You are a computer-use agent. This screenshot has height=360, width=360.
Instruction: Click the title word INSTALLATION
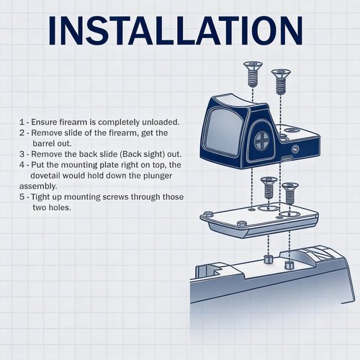point(176,30)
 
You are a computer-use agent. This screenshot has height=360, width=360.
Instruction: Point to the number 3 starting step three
point(22,154)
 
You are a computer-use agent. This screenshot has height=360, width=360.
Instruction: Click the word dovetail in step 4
point(45,176)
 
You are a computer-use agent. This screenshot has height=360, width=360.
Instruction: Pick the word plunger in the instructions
point(158,176)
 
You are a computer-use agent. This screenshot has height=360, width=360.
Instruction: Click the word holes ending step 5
point(60,207)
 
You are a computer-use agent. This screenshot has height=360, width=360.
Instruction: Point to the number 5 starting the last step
point(22,197)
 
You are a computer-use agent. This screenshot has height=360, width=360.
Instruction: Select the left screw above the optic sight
point(253,74)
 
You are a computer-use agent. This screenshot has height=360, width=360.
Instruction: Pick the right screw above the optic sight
point(281,81)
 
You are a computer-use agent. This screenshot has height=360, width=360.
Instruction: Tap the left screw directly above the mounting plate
point(269,187)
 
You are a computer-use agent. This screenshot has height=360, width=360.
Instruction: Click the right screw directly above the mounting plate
point(290,193)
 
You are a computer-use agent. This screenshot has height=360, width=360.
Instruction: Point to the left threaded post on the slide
point(268,260)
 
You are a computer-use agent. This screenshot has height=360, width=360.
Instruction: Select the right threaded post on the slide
point(289,265)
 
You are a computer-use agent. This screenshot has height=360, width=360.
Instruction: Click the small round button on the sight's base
point(295,149)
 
